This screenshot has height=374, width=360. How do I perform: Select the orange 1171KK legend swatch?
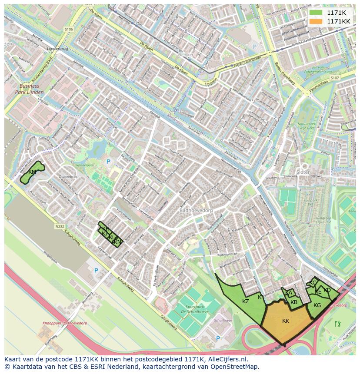click(316, 21)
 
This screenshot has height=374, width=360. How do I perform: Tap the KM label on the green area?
click(32, 172)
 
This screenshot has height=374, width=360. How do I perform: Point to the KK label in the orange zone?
click(286, 321)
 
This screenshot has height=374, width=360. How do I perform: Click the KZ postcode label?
click(246, 301)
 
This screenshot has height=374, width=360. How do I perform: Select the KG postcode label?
click(317, 305)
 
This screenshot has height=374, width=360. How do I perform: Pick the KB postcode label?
click(294, 302)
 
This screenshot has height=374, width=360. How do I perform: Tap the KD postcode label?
click(327, 290)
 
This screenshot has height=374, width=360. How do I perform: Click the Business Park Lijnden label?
click(29, 89)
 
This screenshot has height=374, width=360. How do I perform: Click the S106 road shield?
click(69, 30)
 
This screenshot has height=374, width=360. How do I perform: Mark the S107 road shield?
click(334, 78)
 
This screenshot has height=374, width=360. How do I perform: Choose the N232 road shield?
click(60, 226)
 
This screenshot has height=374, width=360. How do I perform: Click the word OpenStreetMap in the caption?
click(236, 367)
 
